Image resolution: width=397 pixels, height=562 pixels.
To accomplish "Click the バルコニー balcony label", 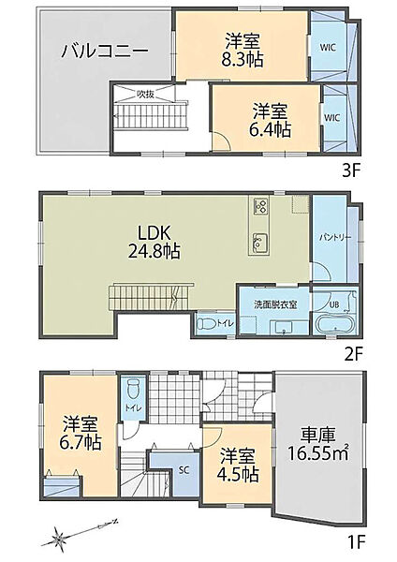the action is (x=104, y=52).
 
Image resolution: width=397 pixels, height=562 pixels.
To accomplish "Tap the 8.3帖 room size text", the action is (x=243, y=60).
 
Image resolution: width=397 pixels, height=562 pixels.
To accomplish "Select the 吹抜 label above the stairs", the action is (x=145, y=95).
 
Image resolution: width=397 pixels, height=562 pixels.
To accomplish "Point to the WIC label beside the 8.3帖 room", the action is (x=328, y=48).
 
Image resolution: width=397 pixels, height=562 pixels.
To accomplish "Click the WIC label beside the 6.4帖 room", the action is (x=332, y=117).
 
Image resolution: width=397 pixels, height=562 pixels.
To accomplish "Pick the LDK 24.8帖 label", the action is (x=154, y=243).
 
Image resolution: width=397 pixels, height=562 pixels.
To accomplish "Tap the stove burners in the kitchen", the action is (x=260, y=206).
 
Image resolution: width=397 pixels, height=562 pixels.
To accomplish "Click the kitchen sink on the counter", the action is (x=260, y=242).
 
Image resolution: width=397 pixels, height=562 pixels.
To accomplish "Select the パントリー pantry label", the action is (x=335, y=237).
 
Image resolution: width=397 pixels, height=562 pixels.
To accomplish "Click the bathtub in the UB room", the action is (x=336, y=325).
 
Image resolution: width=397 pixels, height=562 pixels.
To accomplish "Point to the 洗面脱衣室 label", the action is (x=275, y=305).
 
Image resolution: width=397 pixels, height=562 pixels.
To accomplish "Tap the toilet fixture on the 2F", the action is (x=207, y=324).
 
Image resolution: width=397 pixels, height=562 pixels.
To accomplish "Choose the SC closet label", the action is (x=184, y=470).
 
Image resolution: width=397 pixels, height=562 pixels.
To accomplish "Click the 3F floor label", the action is (x=351, y=171).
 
